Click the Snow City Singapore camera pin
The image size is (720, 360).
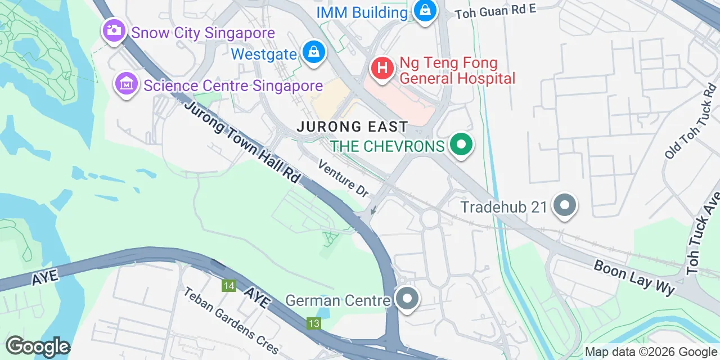(x=114, y=30)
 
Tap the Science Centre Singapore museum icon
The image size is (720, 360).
(x=126, y=84)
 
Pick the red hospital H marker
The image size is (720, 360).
(x=382, y=69)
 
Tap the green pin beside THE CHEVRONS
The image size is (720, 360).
(x=461, y=145)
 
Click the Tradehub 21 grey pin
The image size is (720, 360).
(x=565, y=206)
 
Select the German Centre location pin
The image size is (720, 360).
(x=407, y=299)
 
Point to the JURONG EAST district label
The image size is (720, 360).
(x=352, y=127)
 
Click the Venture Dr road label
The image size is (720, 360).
(x=343, y=178)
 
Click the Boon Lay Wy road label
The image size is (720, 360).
(x=634, y=278)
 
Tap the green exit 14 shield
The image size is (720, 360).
(x=228, y=286)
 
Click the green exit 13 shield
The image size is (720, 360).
(x=314, y=323)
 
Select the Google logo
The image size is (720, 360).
(x=37, y=347)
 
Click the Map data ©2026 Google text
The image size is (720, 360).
(x=651, y=352)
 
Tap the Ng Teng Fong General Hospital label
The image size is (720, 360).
(x=457, y=70)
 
